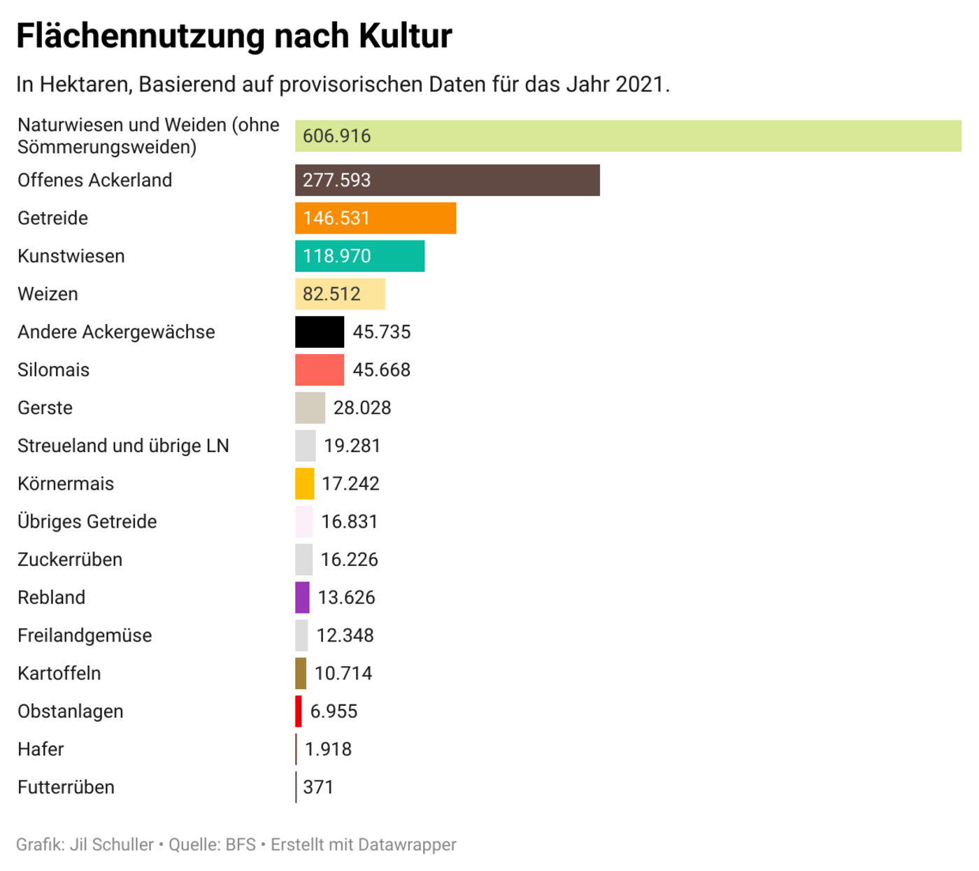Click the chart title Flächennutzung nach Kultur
click(x=234, y=36)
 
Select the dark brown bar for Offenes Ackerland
click(x=447, y=180)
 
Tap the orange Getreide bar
click(x=376, y=218)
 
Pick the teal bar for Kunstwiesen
click(x=359, y=256)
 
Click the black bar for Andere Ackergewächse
click(x=320, y=332)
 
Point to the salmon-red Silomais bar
click(x=320, y=369)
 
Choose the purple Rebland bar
click(x=302, y=597)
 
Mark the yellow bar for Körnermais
click(x=305, y=483)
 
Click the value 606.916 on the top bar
click(x=336, y=136)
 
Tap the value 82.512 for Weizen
click(x=331, y=294)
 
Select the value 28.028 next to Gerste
click(x=362, y=408)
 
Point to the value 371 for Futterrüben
click(x=318, y=787)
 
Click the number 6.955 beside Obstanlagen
click(x=334, y=711)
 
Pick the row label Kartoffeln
click(x=59, y=673)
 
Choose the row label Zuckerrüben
click(x=70, y=560)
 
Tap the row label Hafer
click(x=41, y=749)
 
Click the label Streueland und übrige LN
click(x=123, y=446)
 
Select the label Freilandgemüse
click(x=85, y=635)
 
